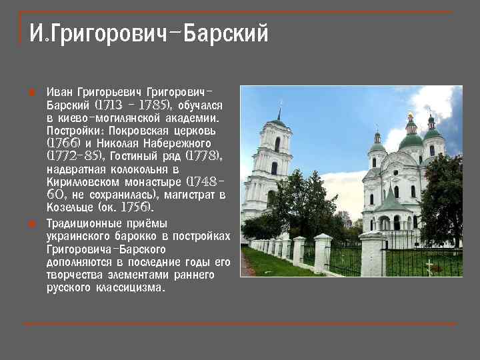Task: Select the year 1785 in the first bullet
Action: (x=153, y=105)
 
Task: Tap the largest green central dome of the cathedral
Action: (x=411, y=139)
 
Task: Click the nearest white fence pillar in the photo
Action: (x=372, y=254)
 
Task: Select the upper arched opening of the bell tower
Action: (x=277, y=144)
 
